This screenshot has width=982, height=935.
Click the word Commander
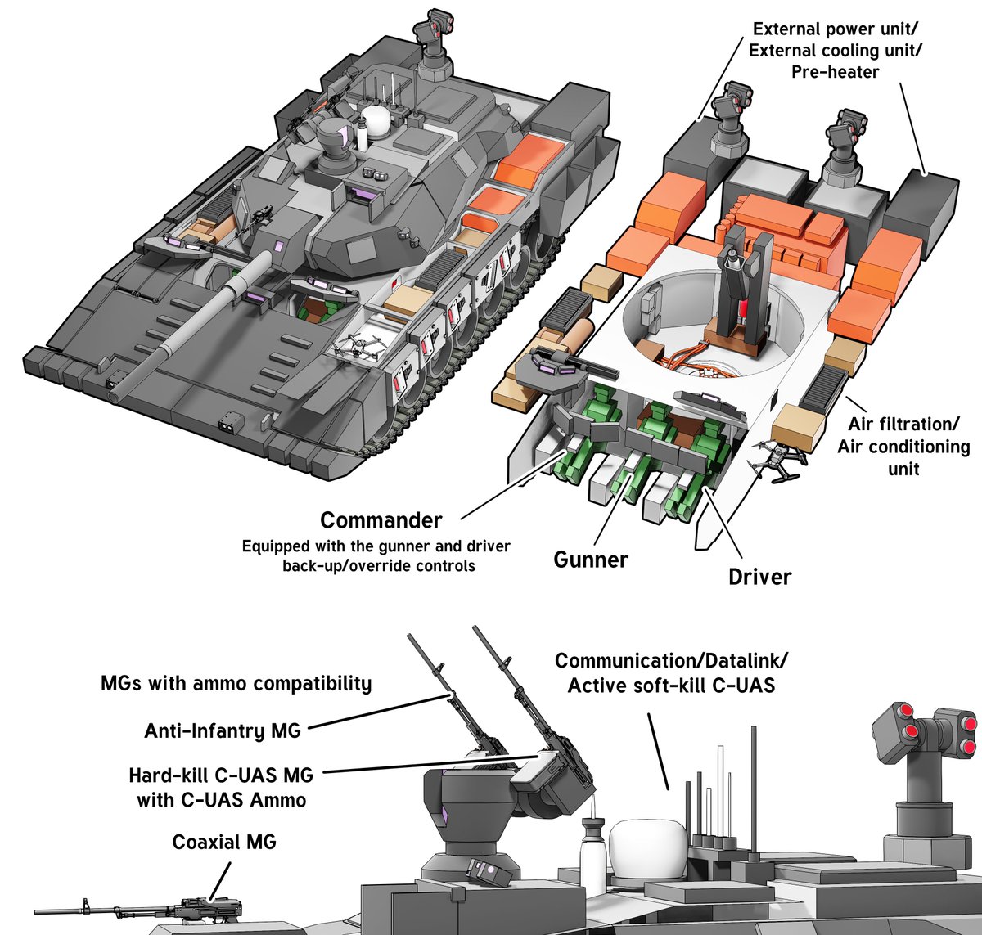pos(381,520)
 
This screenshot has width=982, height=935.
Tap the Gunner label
pos(591,560)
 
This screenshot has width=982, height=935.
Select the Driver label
pos(759,577)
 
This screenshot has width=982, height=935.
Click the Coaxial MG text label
pos(224,843)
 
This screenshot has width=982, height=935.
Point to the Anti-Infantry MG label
pos(223,730)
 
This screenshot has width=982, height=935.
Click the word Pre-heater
pos(835,72)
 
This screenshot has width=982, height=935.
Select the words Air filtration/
pos(903,425)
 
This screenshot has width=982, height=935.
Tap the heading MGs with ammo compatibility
pos(236,683)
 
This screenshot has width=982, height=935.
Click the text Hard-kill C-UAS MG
pos(221,775)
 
